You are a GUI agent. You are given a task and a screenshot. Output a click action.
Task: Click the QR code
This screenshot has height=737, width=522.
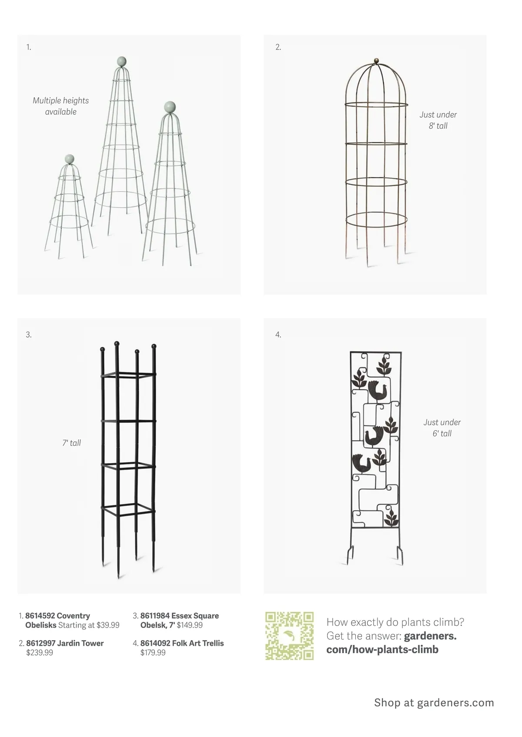(x=289, y=635)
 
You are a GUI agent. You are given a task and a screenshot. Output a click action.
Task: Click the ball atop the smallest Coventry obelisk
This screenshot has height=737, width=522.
(x=69, y=159)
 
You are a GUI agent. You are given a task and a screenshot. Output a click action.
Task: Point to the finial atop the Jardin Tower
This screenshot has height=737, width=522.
(x=376, y=60)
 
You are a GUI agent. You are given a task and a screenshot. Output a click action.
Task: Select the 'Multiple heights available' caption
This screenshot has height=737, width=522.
(x=61, y=106)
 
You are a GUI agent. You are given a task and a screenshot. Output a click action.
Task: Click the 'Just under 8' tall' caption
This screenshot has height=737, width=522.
(x=438, y=120)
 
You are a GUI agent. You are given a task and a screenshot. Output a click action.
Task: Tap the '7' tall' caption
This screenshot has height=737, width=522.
(x=72, y=443)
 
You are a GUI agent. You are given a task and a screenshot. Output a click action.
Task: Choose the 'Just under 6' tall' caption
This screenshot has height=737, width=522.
(x=442, y=428)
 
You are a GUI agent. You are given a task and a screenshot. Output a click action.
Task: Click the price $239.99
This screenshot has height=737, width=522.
(x=40, y=653)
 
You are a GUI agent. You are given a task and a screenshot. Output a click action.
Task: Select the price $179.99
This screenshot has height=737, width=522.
(x=153, y=653)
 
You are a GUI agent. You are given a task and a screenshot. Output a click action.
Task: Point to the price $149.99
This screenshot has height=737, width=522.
(x=190, y=625)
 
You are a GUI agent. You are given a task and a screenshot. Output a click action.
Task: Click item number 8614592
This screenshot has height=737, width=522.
(x=40, y=616)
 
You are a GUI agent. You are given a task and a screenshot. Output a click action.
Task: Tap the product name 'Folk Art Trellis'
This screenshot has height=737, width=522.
(x=198, y=643)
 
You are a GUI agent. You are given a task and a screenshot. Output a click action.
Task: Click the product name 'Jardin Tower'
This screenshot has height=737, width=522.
(x=80, y=643)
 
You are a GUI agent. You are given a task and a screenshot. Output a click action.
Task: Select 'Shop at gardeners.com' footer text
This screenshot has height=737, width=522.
(x=434, y=703)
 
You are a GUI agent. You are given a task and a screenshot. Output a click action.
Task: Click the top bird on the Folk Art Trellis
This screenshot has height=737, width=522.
(x=375, y=389)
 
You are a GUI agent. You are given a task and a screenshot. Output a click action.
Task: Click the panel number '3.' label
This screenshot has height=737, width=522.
(x=29, y=335)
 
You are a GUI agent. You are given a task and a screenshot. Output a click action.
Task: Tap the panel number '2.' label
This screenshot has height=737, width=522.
(x=278, y=47)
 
